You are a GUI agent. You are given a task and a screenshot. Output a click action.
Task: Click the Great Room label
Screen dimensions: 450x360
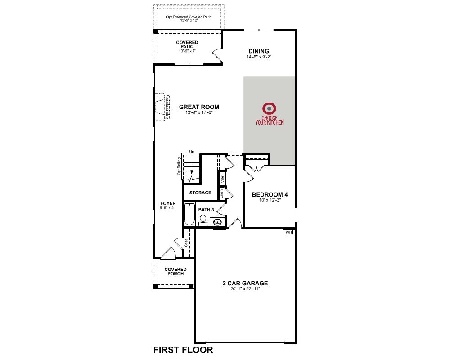click(199, 107)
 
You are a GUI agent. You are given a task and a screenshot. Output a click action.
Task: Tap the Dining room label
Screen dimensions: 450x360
click(259, 51)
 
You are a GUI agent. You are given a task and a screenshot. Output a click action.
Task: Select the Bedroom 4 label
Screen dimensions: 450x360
click(270, 194)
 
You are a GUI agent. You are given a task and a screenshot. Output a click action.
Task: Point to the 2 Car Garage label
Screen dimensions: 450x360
click(245, 283)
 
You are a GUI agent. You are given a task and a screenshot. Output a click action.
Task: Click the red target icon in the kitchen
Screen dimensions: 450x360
click(270, 108)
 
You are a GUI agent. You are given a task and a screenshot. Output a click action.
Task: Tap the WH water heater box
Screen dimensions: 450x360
click(289, 232)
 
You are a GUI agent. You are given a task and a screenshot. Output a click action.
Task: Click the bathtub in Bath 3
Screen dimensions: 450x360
click(189, 214)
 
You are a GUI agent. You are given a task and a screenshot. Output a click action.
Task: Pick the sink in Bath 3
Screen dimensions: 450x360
click(217, 222)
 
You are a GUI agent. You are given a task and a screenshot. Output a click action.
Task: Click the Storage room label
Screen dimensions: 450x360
click(200, 193)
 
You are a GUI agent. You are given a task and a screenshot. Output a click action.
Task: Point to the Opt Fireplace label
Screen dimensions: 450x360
click(167, 108)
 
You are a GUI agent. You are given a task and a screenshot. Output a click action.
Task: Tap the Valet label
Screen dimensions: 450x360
click(222, 179)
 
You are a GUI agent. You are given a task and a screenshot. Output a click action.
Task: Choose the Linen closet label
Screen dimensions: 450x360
click(221, 194)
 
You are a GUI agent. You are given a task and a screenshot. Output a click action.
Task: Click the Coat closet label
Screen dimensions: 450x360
click(186, 243)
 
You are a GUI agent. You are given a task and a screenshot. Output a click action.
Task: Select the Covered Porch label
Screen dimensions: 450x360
click(175, 271)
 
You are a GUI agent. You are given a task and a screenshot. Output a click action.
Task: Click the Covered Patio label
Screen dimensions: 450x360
click(187, 45)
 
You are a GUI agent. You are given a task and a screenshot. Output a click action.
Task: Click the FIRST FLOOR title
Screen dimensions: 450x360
click(183, 350)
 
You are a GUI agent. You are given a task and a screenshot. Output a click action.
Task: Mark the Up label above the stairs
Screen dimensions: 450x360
click(191, 152)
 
